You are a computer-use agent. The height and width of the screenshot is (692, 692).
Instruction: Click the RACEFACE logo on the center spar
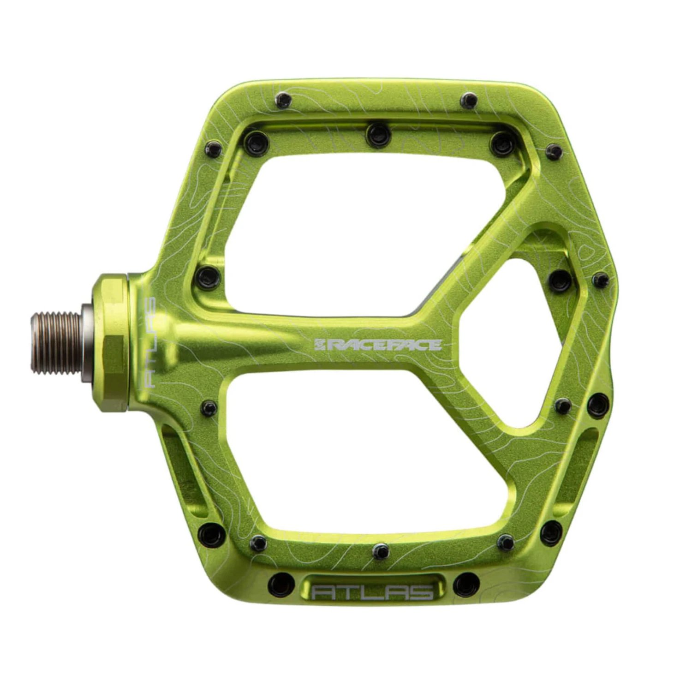coord(377,345)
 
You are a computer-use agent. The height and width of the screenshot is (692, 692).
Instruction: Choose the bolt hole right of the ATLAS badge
coord(466,584)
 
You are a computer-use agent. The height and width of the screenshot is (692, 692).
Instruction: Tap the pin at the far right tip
coord(601,279)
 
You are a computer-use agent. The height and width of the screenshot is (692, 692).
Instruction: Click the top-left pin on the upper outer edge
coord(282,100)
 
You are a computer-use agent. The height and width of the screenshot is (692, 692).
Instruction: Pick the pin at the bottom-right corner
coord(551,533)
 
